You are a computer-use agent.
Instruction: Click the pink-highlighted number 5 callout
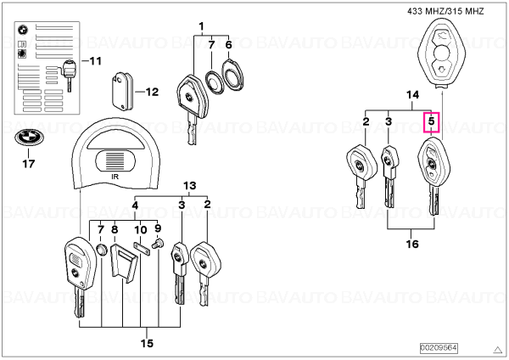pos(432,122)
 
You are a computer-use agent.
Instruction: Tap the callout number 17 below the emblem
pos(29,163)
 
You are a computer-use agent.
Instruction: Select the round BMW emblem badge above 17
pos(28,138)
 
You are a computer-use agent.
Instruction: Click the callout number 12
pos(152,92)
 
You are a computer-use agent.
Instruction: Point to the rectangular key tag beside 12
pos(122,92)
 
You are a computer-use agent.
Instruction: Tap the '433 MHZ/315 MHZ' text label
pos(445,11)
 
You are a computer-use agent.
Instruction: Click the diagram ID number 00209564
pos(439,348)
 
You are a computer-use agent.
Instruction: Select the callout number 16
pos(412,244)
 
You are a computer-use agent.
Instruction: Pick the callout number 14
pos(412,95)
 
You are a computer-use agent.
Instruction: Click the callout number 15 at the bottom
pos(147,343)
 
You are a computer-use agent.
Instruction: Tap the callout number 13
pos(189,186)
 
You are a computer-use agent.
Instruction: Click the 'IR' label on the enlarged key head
pos(115,177)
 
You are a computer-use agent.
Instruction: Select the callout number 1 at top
pos(201,26)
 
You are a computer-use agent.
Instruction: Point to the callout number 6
pos(228,45)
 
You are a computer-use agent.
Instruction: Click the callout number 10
pos(141,230)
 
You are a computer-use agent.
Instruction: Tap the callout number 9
pos(158,228)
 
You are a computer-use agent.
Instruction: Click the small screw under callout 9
pos(157,243)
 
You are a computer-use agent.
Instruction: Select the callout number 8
pos(115,229)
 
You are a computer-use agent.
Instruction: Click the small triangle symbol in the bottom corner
pos(497,350)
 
